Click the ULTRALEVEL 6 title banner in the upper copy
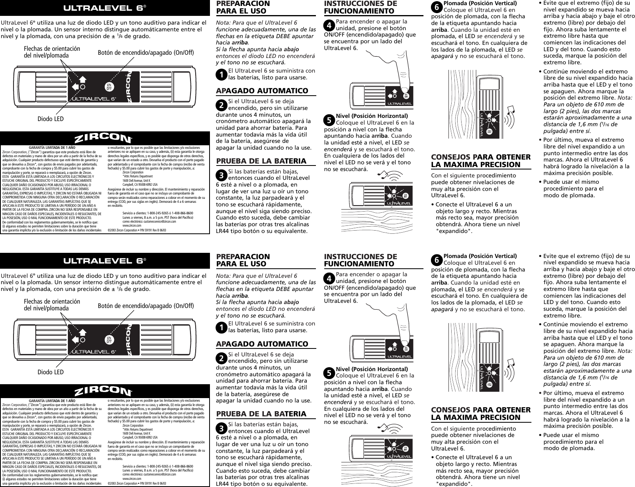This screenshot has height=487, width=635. click(105, 8)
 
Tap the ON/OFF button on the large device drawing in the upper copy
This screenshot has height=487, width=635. click(108, 87)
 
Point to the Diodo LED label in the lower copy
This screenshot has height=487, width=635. click(50, 372)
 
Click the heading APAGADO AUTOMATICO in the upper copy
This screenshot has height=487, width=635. click(262, 91)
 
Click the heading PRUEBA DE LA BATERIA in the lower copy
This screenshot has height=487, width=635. click(261, 414)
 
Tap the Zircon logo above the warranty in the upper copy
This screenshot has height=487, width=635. click(105, 139)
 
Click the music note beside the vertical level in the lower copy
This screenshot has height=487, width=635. click(514, 363)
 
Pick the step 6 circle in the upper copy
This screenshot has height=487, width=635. click(437, 7)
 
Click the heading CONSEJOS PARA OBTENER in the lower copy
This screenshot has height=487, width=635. click(481, 410)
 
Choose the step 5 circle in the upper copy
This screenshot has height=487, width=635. click(329, 119)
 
